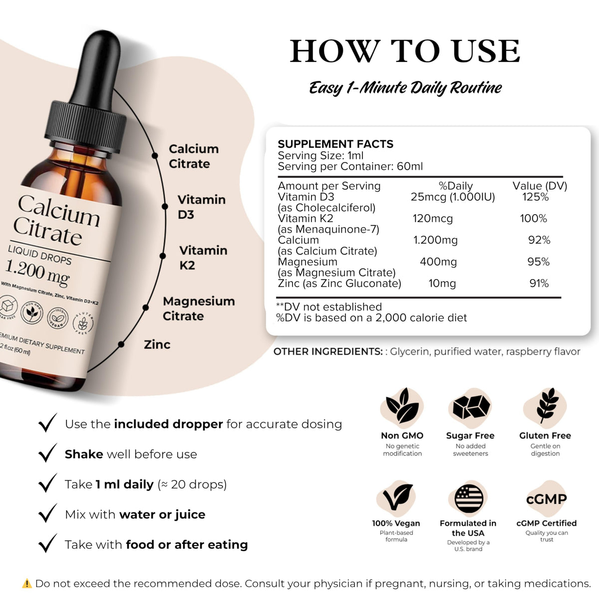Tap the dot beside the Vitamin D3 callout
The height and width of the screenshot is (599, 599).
tap(165, 206)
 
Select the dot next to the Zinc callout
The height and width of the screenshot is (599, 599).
tap(121, 344)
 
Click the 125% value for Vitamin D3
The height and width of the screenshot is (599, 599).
tap(535, 197)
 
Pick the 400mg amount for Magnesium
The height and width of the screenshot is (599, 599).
tap(438, 262)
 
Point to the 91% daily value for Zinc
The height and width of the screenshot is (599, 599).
tap(539, 284)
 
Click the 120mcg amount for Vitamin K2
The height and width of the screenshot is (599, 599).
tap(432, 219)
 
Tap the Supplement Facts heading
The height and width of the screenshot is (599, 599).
tap(335, 144)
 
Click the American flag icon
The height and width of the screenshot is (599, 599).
tap(469, 499)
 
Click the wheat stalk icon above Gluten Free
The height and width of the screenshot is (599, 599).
tap(546, 405)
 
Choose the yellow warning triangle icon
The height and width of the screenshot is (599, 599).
tap(27, 583)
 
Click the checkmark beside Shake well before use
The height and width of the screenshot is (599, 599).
tap(47, 453)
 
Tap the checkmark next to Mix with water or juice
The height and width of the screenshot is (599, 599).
tap(47, 513)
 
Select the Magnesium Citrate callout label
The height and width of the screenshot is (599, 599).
tap(199, 308)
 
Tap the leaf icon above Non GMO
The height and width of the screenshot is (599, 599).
tap(402, 405)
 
